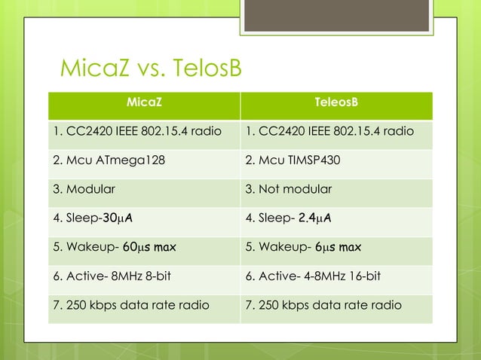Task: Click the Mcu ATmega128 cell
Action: [110, 160]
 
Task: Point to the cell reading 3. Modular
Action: [84, 189]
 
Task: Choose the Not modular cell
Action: [289, 189]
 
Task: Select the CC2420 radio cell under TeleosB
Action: [329, 131]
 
